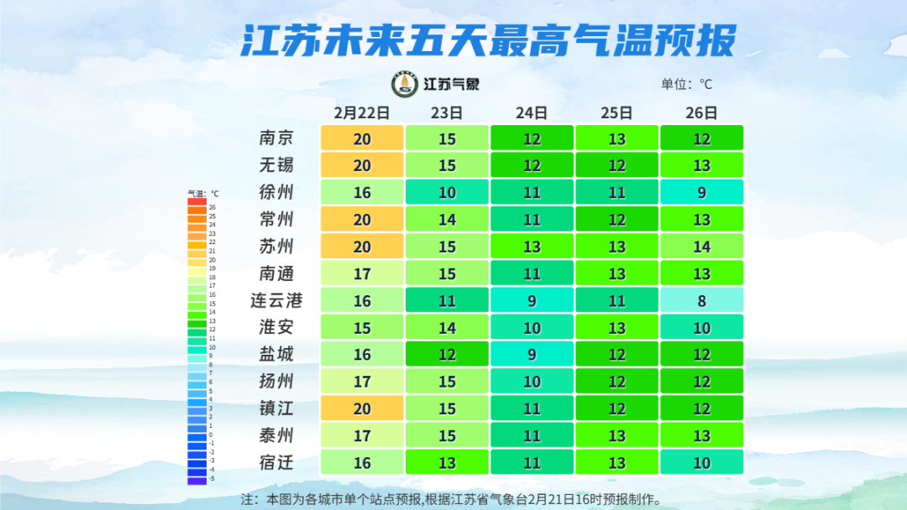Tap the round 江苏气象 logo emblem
click(405, 84)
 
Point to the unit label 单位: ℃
click(686, 84)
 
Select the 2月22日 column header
click(362, 112)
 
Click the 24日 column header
click(532, 112)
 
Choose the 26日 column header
click(701, 112)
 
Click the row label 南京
click(276, 138)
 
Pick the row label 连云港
click(276, 300)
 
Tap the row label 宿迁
click(276, 462)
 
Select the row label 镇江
click(276, 409)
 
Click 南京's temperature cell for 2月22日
click(362, 138)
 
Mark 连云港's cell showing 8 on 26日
click(701, 300)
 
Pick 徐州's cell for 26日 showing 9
click(701, 192)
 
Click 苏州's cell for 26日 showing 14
click(701, 247)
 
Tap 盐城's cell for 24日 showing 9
click(532, 354)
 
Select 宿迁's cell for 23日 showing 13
click(447, 462)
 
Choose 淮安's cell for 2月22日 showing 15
click(362, 327)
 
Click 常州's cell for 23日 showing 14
click(447, 220)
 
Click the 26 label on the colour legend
click(212, 206)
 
